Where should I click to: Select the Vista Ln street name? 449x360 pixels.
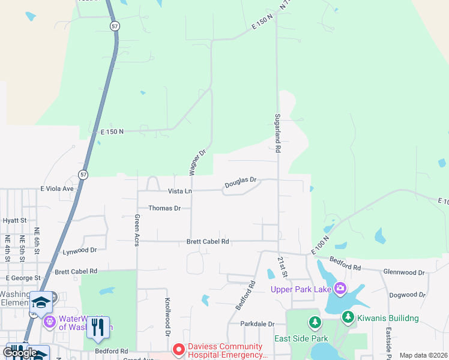click(179, 191)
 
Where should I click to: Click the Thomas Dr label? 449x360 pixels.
click(164, 208)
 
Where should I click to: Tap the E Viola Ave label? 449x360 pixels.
click(56, 188)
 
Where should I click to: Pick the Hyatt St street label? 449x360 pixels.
click(14, 221)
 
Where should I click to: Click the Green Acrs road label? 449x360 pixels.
click(137, 229)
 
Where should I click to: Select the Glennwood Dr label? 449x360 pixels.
click(403, 272)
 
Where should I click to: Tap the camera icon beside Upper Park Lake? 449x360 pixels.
click(340, 289)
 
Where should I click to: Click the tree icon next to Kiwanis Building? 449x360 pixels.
click(348, 317)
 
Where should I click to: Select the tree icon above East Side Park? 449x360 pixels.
click(315, 323)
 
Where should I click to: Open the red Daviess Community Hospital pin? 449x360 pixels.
click(178, 349)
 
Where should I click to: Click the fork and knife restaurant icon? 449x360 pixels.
click(95, 328)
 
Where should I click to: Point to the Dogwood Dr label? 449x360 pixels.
click(407, 295)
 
